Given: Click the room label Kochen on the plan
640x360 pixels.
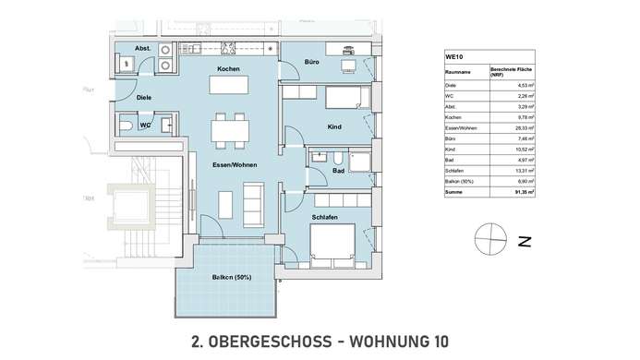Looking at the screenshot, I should [229, 70].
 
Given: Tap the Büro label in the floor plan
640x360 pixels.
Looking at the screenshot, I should [311, 62].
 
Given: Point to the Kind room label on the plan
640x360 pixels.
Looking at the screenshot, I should [335, 126].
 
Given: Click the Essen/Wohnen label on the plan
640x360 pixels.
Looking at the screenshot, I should [235, 165].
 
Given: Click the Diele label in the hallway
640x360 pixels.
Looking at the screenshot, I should [143, 97].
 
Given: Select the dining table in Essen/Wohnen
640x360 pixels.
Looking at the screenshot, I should [229, 128].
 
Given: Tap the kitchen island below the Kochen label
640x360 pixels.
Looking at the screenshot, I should [229, 86].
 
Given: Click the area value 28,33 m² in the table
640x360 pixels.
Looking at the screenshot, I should [513, 130].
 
